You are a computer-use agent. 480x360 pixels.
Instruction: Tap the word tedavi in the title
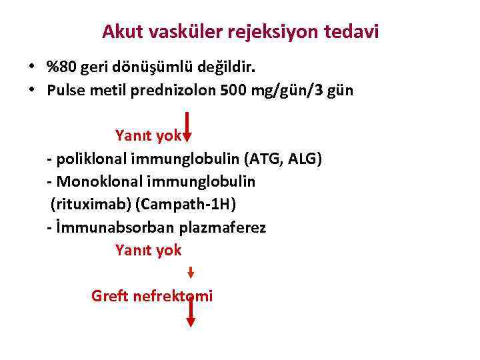point(353,31)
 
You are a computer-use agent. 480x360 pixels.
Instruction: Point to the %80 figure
point(60,67)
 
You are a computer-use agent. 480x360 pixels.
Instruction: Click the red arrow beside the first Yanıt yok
point(187,127)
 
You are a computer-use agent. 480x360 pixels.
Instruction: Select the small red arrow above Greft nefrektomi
point(190,273)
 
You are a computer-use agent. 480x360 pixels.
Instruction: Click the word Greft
point(109,295)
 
